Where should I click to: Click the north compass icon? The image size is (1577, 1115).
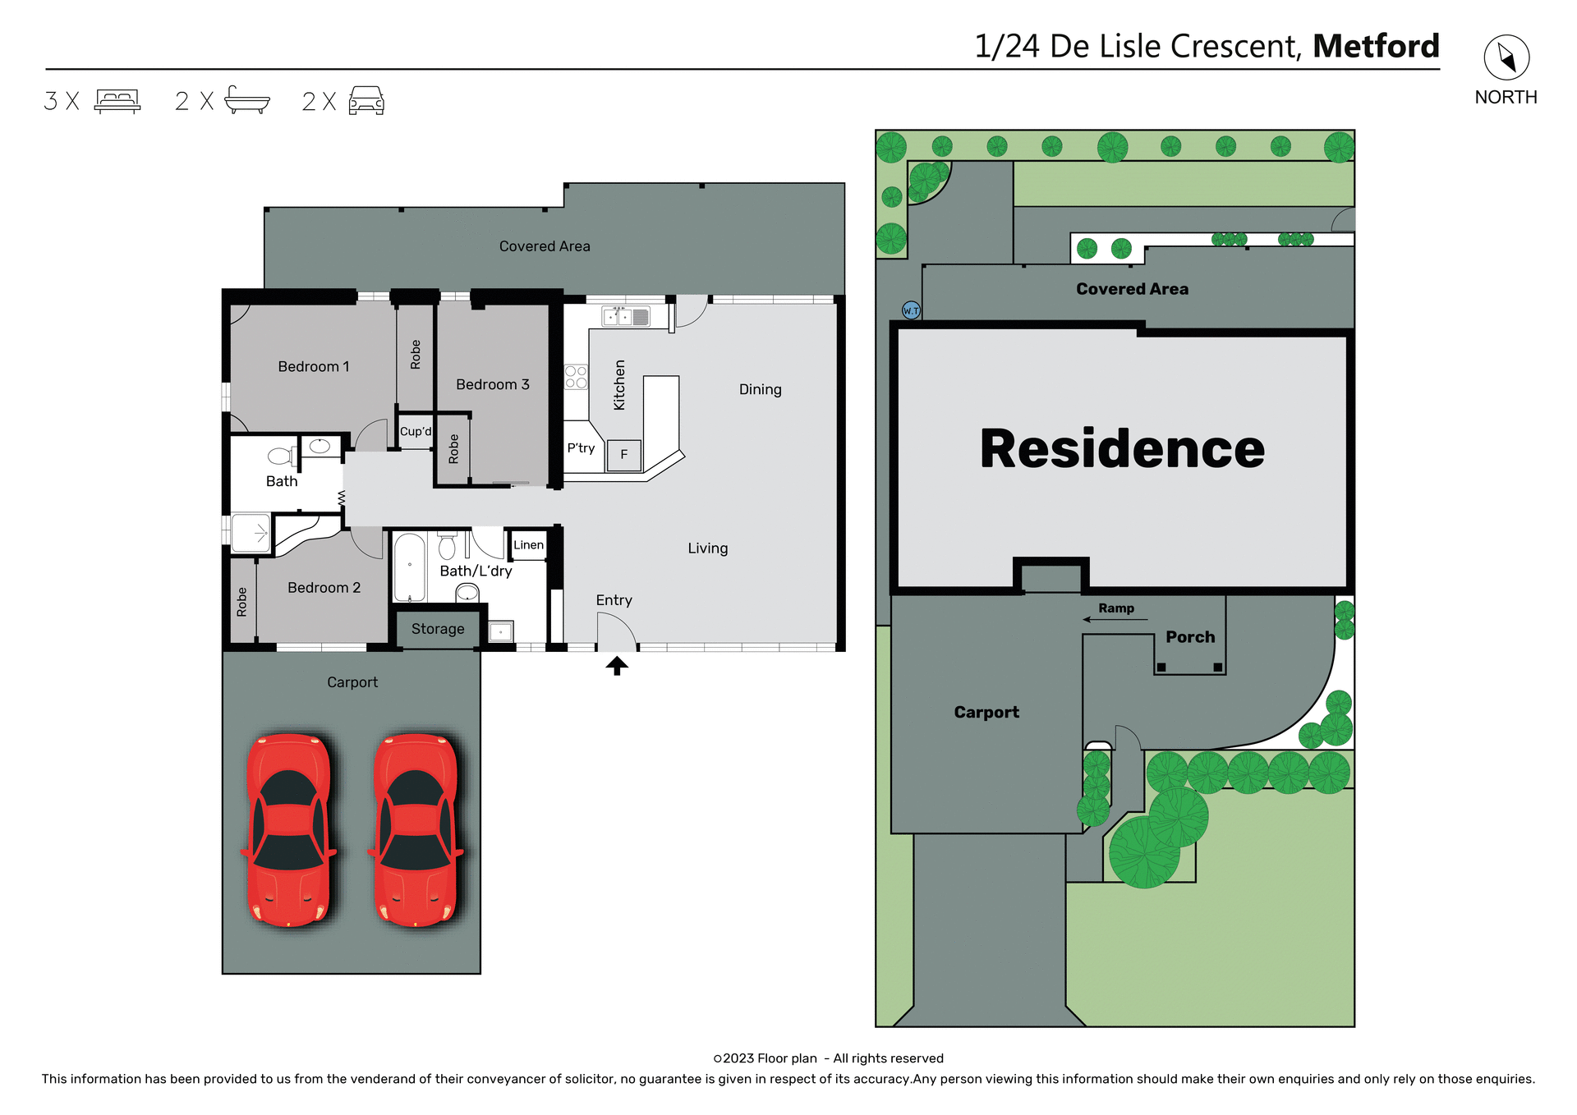pos(1506,57)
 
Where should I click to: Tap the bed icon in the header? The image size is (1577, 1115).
pos(117,101)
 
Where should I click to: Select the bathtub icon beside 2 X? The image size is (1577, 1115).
pos(246,100)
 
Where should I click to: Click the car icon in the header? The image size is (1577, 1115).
pos(366,100)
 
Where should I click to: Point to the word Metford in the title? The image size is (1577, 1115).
pos(1376,46)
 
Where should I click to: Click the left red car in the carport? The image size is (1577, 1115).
pos(289,830)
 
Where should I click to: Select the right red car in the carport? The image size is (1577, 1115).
pos(416,830)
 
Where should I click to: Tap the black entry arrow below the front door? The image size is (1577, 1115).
pos(617,666)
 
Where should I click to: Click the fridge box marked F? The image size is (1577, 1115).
pos(624,454)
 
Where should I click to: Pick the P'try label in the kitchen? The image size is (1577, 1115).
pos(581,448)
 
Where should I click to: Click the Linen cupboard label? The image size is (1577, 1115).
pos(528,545)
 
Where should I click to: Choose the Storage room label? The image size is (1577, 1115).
pos(438,629)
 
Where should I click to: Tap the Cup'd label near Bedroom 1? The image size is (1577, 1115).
pos(416,432)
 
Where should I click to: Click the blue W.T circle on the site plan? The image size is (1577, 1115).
pos(911,310)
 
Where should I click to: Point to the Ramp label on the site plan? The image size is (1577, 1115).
pos(1116,608)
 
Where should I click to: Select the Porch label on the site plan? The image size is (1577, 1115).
pos(1190,637)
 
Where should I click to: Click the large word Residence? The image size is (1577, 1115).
pos(1122,449)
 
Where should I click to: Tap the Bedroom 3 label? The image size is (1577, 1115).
pos(493,384)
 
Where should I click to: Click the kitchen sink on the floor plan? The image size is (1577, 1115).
pos(626,316)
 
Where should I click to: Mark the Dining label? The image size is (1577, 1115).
pos(760,389)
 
